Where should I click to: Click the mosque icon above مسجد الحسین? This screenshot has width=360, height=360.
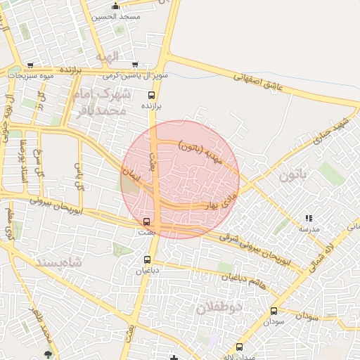point(115,6)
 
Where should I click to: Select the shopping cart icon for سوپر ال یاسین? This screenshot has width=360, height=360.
point(134,65)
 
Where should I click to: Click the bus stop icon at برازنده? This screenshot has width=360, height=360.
point(152,94)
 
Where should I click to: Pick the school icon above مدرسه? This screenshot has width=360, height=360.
point(309,219)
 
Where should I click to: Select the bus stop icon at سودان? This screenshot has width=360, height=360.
point(274,310)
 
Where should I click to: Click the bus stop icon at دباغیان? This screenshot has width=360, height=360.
point(146,259)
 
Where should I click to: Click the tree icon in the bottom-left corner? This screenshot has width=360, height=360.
point(48,354)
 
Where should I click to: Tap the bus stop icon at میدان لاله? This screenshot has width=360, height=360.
point(240,347)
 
